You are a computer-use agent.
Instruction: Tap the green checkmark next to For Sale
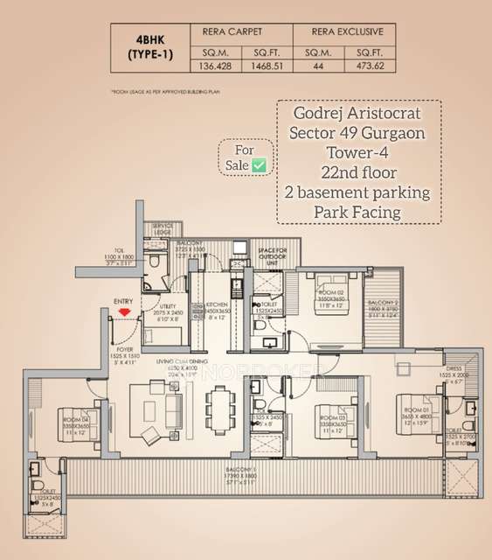260,164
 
